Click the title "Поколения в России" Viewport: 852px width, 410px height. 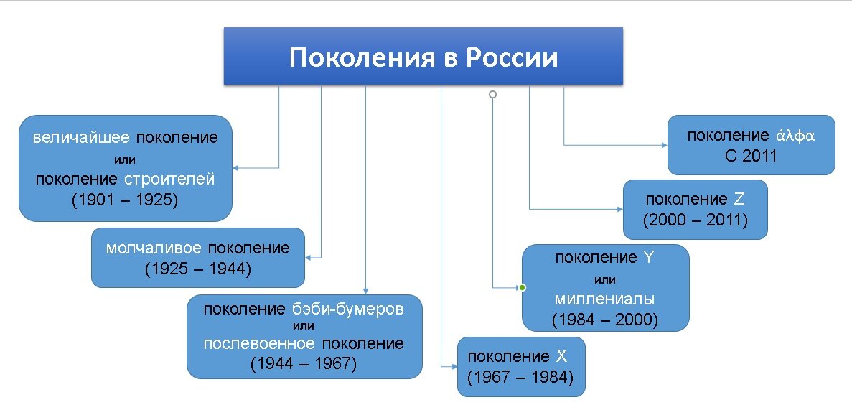click(423, 57)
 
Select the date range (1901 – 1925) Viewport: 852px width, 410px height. click(124, 200)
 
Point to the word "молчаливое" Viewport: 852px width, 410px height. click(154, 248)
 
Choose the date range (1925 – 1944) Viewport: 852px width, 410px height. click(197, 269)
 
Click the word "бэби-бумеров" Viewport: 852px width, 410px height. click(348, 309)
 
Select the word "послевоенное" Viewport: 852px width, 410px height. click(258, 343)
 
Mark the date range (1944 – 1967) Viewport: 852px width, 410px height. click(304, 363)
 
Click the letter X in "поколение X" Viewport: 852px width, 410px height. click(562, 355)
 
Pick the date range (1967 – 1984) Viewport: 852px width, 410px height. click(520, 376)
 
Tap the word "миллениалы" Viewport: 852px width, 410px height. click(605, 299)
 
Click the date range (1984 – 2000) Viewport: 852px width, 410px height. click(605, 320)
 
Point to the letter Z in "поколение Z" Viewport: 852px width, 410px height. click(740, 199)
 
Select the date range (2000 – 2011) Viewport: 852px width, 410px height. click(695, 220)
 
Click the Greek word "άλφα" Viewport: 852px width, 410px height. click(795, 136)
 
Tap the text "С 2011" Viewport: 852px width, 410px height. click(751, 156)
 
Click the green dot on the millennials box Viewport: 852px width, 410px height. click(522, 288)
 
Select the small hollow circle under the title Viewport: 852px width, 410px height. click(492, 94)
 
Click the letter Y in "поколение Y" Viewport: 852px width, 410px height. click(649, 257)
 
